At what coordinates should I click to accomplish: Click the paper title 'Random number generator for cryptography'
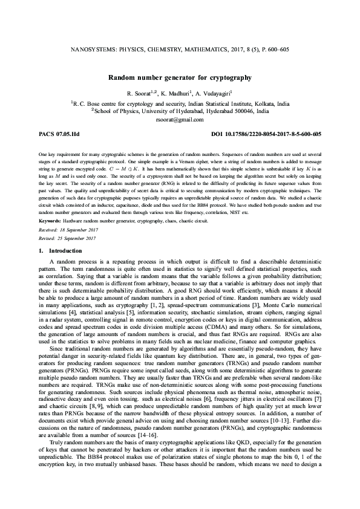coord(180,78)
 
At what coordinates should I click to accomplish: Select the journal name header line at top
coord(180,53)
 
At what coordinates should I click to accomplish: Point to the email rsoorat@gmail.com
coord(180,120)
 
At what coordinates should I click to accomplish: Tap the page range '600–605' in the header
coord(278,53)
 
